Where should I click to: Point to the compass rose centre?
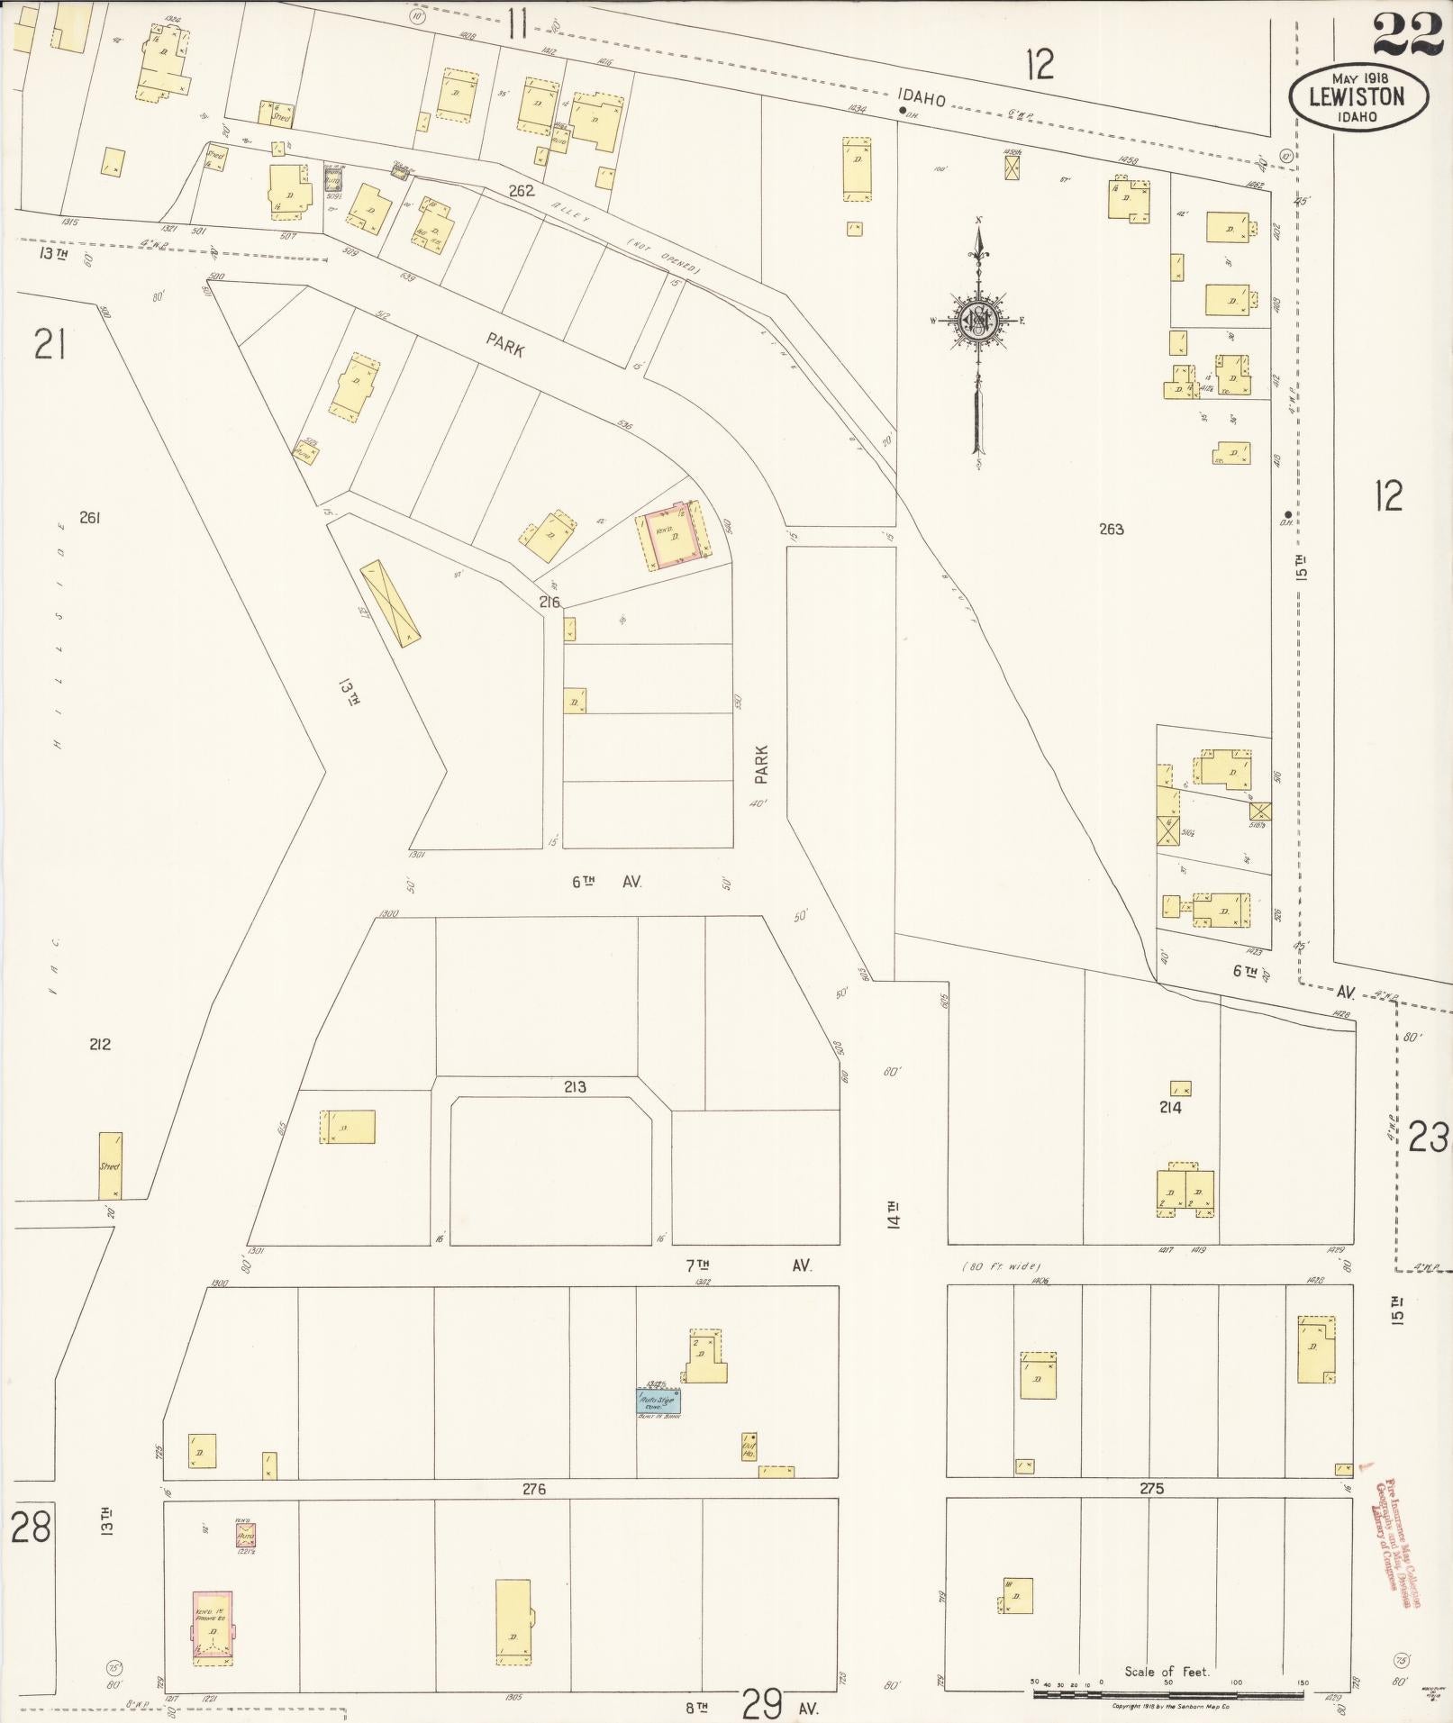click(x=977, y=320)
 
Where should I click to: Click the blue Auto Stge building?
click(x=659, y=1402)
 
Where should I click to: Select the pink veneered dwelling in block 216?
click(x=672, y=538)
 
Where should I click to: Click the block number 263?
click(x=1111, y=529)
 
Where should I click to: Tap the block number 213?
click(x=575, y=1087)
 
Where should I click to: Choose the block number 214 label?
click(x=1170, y=1107)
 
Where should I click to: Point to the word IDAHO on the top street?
click(x=921, y=99)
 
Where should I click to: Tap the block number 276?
click(x=534, y=1490)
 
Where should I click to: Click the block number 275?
click(x=1151, y=1489)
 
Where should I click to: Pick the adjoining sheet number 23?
click(x=1429, y=1139)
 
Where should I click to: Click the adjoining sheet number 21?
click(x=50, y=343)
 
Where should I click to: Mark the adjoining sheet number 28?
click(x=31, y=1528)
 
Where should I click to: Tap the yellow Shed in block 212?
click(x=110, y=1165)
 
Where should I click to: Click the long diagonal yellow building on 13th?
click(x=391, y=603)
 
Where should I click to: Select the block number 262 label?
click(x=521, y=190)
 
